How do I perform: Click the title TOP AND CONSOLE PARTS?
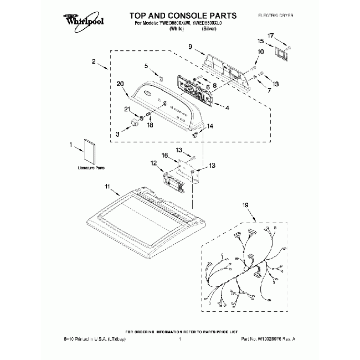pyautogui.click(x=176, y=16)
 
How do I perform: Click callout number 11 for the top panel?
pyautogui.click(x=107, y=186)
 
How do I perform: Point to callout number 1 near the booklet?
pyautogui.click(x=71, y=145)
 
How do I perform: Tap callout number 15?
pyautogui.click(x=260, y=42)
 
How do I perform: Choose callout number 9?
pyautogui.click(x=189, y=47)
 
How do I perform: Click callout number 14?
pyautogui.click(x=210, y=127)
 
